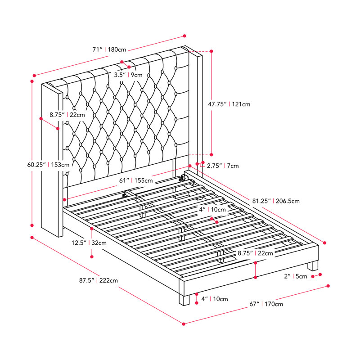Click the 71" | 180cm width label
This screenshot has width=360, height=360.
pyautogui.click(x=109, y=49)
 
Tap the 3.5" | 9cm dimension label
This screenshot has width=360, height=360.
pyautogui.click(x=128, y=75)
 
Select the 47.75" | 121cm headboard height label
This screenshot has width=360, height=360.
pyautogui.click(x=229, y=104)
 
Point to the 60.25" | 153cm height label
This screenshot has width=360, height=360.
pyautogui.click(x=48, y=165)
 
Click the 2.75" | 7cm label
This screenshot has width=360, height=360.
pyautogui.click(x=223, y=166)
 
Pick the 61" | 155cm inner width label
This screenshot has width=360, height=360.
pyautogui.click(x=136, y=180)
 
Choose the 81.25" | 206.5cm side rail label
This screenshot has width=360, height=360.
pyautogui.click(x=276, y=201)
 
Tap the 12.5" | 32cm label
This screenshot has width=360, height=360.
pyautogui.click(x=89, y=243)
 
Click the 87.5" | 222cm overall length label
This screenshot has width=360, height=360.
pyautogui.click(x=99, y=280)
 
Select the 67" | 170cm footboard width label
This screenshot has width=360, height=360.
pyautogui.click(x=266, y=304)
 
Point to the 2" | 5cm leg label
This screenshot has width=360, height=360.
pyautogui.click(x=296, y=276)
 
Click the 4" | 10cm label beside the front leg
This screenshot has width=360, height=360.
pyautogui.click(x=215, y=299)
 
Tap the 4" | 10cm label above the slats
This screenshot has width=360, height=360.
pyautogui.click(x=212, y=209)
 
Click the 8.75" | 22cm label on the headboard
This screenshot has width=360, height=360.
pyautogui.click(x=67, y=115)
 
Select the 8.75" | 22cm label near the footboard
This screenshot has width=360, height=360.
pyautogui.click(x=255, y=253)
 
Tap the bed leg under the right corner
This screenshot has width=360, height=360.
pyautogui.click(x=313, y=265)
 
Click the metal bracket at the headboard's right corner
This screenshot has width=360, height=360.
pyautogui.click(x=184, y=177)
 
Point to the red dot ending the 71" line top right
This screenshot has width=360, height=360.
pyautogui.click(x=184, y=36)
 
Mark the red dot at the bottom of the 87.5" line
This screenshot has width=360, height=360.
pyautogui.click(x=184, y=324)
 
